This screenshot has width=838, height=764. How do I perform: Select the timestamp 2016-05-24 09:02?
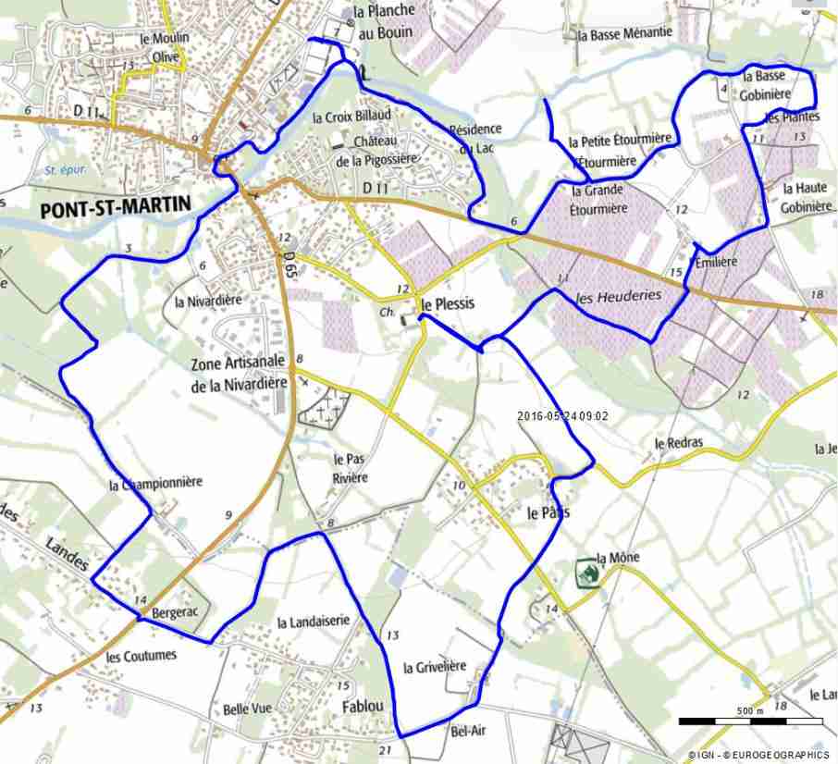[x=562, y=416]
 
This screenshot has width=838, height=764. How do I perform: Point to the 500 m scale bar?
[x=750, y=720]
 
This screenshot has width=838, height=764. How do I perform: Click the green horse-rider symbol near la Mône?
[x=585, y=573]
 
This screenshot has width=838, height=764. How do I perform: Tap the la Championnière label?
[x=154, y=483]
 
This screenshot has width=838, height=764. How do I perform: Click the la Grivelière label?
[x=435, y=667]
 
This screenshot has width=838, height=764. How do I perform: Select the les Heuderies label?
[x=618, y=296]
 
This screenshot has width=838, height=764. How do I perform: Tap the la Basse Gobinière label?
[x=764, y=84]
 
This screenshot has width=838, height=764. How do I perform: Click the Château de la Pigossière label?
[x=379, y=152]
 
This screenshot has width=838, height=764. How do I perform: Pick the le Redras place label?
[x=678, y=443]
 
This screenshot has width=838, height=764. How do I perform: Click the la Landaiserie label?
[x=314, y=622]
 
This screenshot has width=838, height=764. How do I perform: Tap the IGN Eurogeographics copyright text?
[x=758, y=755]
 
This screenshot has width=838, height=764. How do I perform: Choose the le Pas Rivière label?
[x=351, y=468]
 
